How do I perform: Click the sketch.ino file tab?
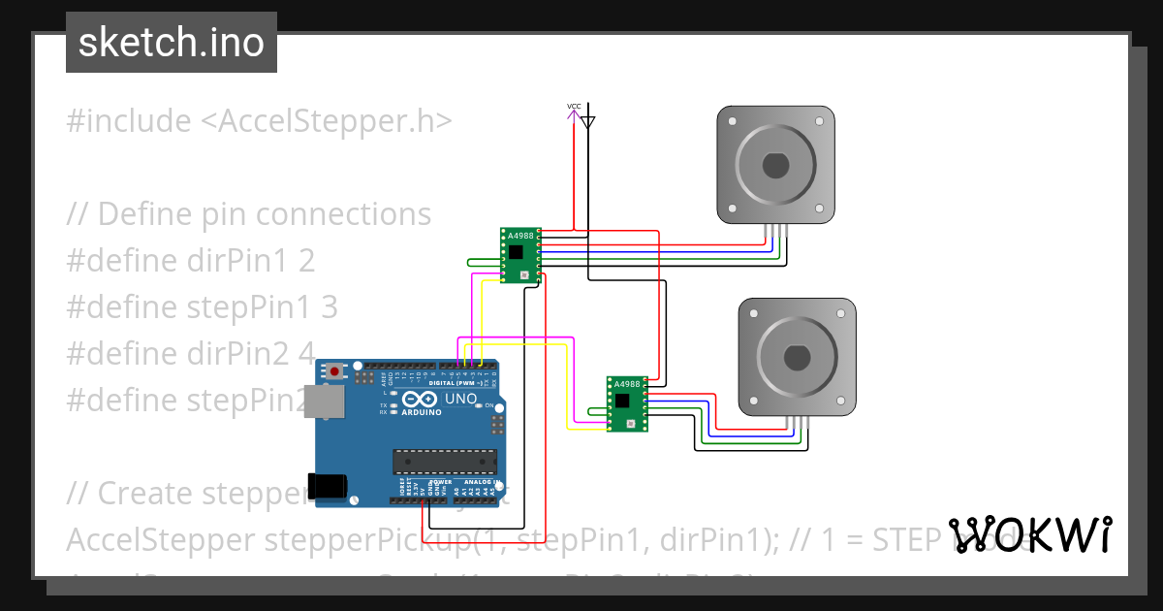[x=171, y=43]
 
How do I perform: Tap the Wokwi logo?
[x=1029, y=535]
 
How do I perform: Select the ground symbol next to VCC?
[x=587, y=120]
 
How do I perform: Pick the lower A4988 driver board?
[x=627, y=403]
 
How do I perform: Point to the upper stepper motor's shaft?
[x=775, y=165]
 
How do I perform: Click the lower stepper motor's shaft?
[x=798, y=358]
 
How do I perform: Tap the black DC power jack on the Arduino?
[x=328, y=486]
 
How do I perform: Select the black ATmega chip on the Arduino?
[x=444, y=462]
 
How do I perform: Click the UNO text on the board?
[x=460, y=399]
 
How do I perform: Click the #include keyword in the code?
[x=129, y=121]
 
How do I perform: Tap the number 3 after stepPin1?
[x=329, y=307]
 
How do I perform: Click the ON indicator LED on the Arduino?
[x=479, y=404]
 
